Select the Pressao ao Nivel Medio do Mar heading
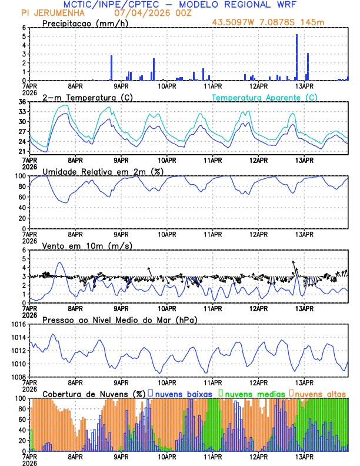[x=119, y=319]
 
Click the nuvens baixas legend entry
[x=180, y=393]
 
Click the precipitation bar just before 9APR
[x=111, y=68]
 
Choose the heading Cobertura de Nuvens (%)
[x=94, y=393]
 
